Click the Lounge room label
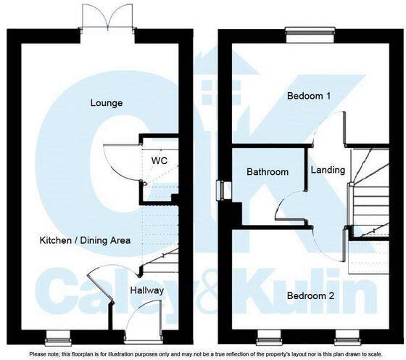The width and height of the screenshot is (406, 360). coord(107,103)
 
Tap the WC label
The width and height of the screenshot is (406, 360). coord(160,160)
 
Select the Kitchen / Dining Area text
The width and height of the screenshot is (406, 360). coord(85,240)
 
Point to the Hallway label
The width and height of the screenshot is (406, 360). coord(147,290)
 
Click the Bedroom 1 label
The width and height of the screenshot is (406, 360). coord(310,96)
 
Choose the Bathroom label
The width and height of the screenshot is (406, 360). coord(268,172)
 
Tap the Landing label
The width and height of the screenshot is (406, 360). coord(328,170)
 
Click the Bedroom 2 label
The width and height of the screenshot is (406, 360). coord(310,296)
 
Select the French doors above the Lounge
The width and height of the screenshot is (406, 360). coord(107,17)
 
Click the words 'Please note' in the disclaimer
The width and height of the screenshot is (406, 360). coord(45,353)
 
